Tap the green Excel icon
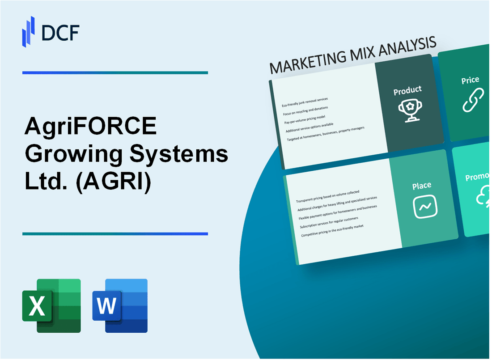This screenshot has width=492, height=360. point(51,306)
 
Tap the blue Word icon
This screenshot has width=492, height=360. point(120,306)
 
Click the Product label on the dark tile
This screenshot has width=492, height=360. point(407,90)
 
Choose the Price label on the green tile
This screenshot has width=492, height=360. point(470,80)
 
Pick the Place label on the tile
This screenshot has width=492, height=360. point(422,185)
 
